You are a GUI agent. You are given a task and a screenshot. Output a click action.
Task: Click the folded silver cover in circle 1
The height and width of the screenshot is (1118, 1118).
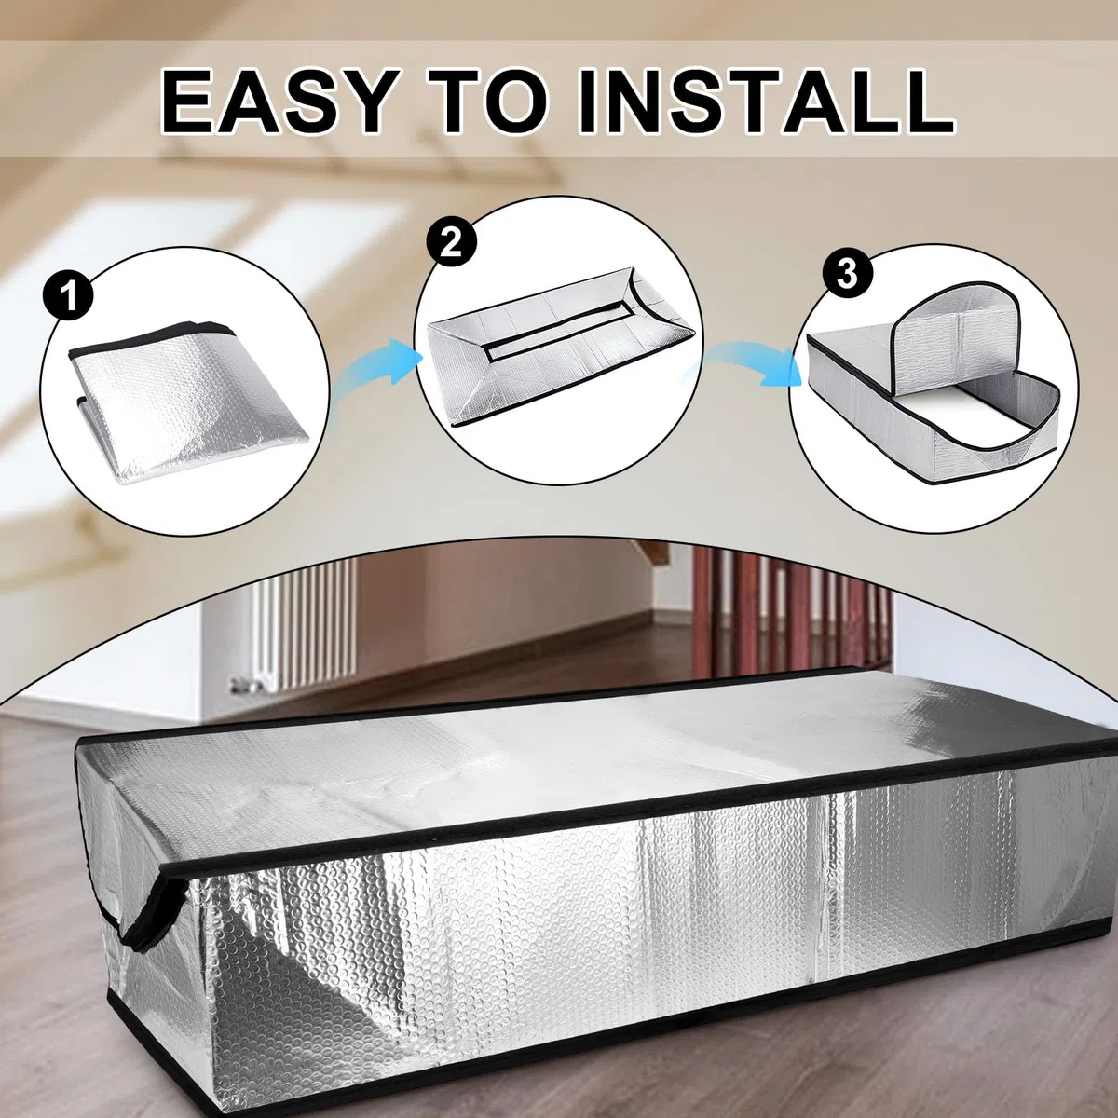[179, 402]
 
